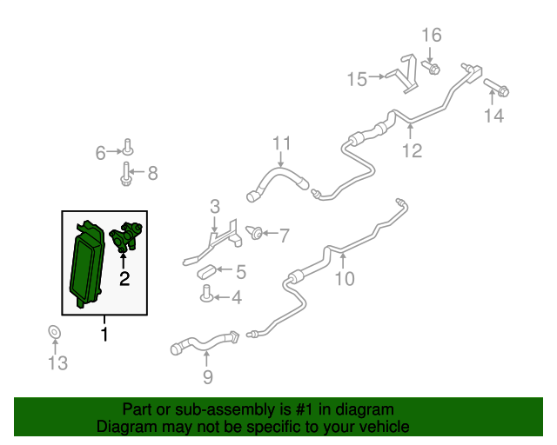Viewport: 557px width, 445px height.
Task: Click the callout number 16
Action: (x=432, y=35)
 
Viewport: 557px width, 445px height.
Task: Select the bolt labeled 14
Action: (x=496, y=88)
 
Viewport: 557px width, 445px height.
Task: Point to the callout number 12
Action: (x=412, y=150)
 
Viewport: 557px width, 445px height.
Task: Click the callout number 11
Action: (x=282, y=143)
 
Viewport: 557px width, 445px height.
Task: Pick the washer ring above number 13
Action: (x=54, y=332)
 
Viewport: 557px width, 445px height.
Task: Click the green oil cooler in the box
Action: (x=87, y=264)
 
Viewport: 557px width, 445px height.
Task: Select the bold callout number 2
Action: (x=124, y=279)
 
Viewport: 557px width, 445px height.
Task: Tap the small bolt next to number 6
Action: (x=128, y=147)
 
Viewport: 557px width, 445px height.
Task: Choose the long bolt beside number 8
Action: (x=125, y=174)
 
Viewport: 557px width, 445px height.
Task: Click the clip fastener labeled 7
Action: (x=254, y=232)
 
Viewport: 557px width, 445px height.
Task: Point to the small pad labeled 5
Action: (x=206, y=272)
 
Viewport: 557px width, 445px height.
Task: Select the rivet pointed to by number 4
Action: (x=206, y=294)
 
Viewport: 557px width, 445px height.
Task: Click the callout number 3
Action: (x=215, y=206)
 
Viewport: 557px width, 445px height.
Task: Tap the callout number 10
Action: (x=345, y=279)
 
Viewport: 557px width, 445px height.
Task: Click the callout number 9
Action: (x=208, y=377)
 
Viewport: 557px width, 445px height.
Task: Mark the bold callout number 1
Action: (x=104, y=335)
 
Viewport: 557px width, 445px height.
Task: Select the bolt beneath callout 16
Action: (x=431, y=67)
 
